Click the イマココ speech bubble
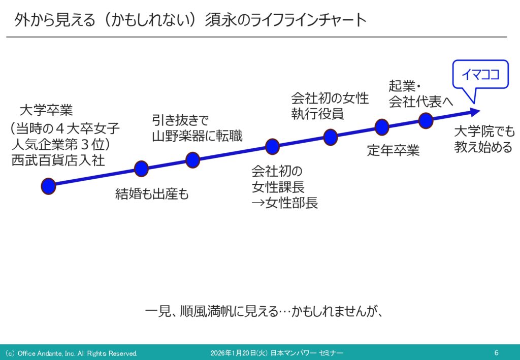pos(480,75)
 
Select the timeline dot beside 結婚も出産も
pos(141,169)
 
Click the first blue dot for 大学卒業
pos(48,186)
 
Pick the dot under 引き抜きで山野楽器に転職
pos(192,160)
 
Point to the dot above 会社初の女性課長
pos(272,147)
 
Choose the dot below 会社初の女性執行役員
pos(330,137)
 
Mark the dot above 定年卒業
pos(382,127)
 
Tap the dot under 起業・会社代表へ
pos(426,121)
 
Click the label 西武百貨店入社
pos(58,160)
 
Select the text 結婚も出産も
pos(152,194)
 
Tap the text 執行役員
pos(317,114)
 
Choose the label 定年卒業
pos(394,150)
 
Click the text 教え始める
pos(483,147)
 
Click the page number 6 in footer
pos(496,353)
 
